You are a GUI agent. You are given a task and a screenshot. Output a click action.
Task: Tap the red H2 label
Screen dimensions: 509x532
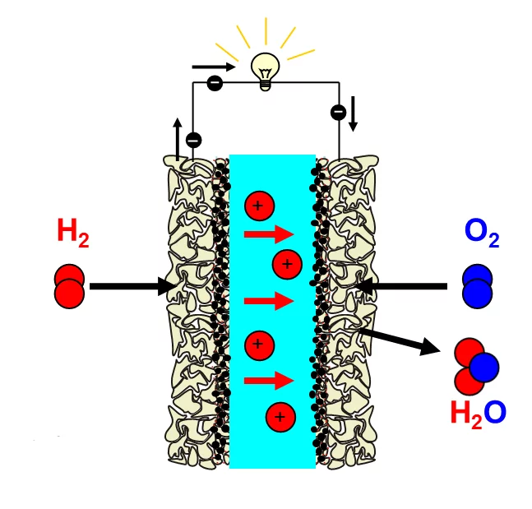tap(72, 233)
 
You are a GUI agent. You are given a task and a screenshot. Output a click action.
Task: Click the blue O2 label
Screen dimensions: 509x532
tap(482, 232)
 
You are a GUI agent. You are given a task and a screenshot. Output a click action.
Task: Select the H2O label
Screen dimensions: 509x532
tap(477, 412)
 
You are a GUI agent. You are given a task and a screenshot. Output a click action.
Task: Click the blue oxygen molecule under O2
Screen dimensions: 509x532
tap(476, 285)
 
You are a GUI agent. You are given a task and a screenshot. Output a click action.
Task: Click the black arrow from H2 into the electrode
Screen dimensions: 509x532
tap(132, 286)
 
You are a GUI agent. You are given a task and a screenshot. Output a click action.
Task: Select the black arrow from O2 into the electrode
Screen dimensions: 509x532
tap(403, 286)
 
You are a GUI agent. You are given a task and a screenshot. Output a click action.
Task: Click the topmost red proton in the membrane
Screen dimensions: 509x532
tap(258, 206)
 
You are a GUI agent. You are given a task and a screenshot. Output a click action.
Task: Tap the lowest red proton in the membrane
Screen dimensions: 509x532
tap(280, 417)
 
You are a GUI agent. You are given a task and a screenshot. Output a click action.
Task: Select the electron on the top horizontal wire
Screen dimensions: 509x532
tap(215, 83)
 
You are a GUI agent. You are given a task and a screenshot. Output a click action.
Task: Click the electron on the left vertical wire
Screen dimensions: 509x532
tap(193, 141)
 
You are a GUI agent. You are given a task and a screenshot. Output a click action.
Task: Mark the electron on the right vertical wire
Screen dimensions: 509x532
tap(337, 113)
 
